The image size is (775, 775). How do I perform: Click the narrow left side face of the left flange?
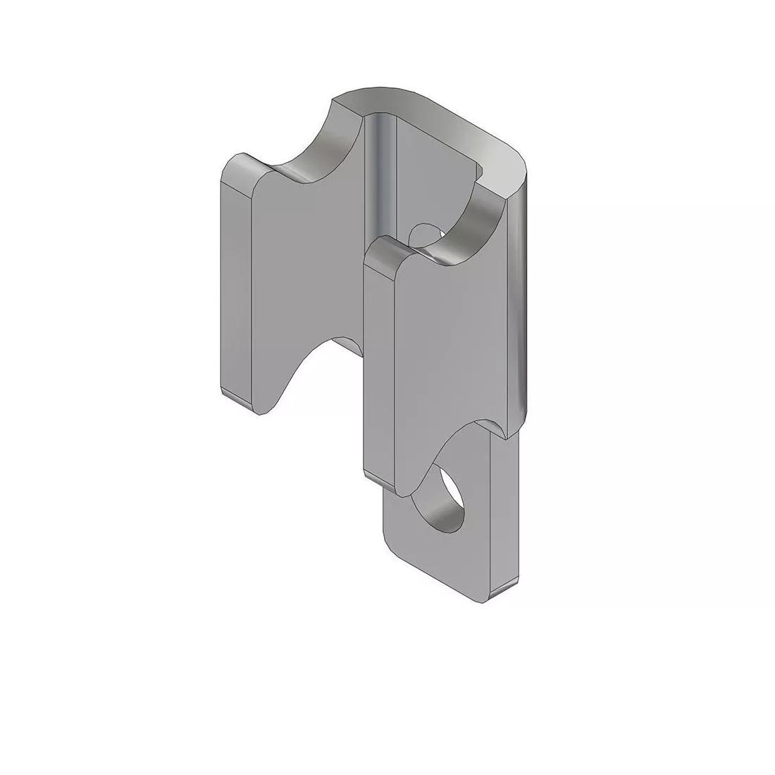[x=235, y=282]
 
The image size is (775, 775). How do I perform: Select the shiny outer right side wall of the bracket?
[x=518, y=303]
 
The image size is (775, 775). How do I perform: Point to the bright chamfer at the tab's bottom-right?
[x=504, y=592]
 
